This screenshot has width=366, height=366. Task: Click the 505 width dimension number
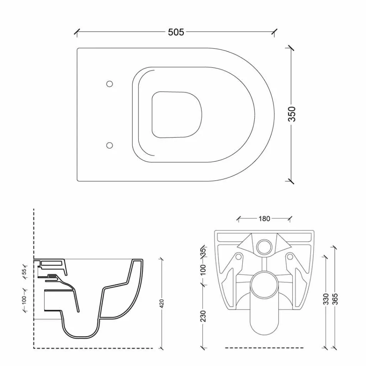[x=176, y=32]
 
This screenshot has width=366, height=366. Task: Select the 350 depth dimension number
[x=292, y=114]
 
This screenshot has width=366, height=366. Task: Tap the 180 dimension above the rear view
[x=264, y=219]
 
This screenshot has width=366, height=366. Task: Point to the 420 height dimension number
[x=162, y=304]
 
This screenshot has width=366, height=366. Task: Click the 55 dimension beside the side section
[x=25, y=272]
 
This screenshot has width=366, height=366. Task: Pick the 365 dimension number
[x=335, y=299]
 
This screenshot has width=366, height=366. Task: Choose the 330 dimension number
[x=326, y=299]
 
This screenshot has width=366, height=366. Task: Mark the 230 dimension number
[x=203, y=316]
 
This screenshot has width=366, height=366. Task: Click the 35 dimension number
[x=204, y=252]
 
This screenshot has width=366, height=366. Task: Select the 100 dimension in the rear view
[x=203, y=270]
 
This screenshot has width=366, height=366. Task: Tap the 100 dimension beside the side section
[x=24, y=300]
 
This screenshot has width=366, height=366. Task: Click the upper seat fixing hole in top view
[x=109, y=84]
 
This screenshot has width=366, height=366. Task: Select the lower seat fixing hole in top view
[x=109, y=145]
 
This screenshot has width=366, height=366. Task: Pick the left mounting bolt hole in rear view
[x=238, y=257]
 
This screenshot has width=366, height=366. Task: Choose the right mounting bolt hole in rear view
[x=290, y=257]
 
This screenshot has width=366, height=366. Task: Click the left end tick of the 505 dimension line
[x=77, y=32]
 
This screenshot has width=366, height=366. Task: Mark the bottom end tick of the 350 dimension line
[x=291, y=181]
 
